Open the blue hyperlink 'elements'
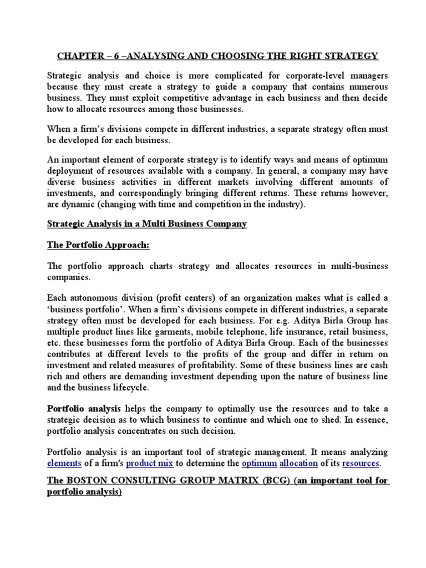coord(64,463)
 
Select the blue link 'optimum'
coord(259,463)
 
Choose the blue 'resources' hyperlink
coord(361,463)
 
